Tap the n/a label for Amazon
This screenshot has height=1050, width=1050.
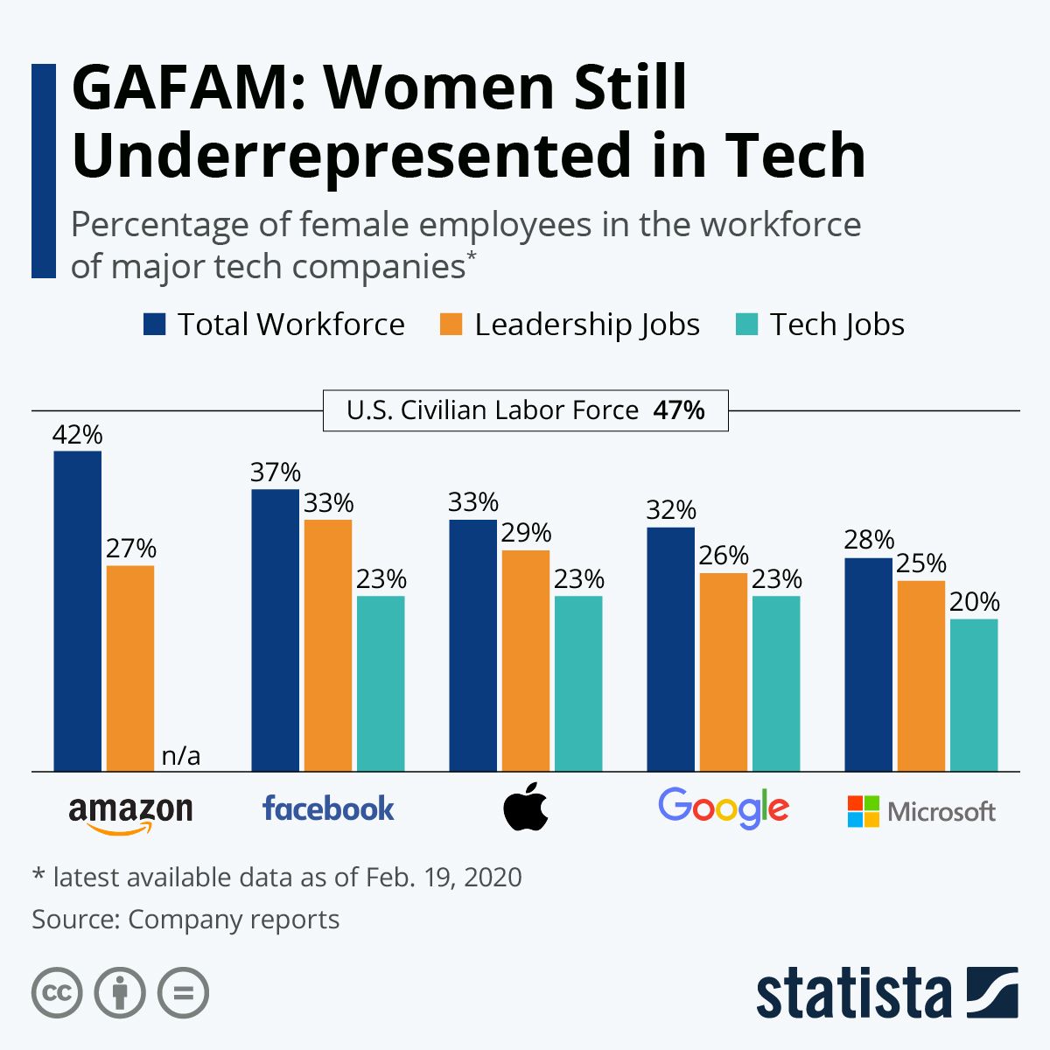coord(181,755)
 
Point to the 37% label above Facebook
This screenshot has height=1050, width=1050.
coord(276,472)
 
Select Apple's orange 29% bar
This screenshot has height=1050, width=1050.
coord(526,660)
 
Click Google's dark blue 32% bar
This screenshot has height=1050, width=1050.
coord(670,648)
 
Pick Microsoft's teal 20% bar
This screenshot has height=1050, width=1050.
coord(974,695)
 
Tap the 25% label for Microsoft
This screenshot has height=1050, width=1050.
coord(920,563)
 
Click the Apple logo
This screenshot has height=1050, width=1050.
coord(526,808)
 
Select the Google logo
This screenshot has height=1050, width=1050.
coord(724,808)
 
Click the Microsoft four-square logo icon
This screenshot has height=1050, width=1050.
coord(863,811)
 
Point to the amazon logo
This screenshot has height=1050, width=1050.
coord(130,813)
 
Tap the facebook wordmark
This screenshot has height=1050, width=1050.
coord(328,808)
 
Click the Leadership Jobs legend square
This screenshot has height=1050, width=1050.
coord(451,325)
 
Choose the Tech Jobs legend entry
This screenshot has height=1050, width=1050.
coord(836,325)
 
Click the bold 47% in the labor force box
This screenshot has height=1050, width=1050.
coord(679,410)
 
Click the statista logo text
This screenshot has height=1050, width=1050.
coord(853,995)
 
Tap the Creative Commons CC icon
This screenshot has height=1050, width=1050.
coord(58,993)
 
